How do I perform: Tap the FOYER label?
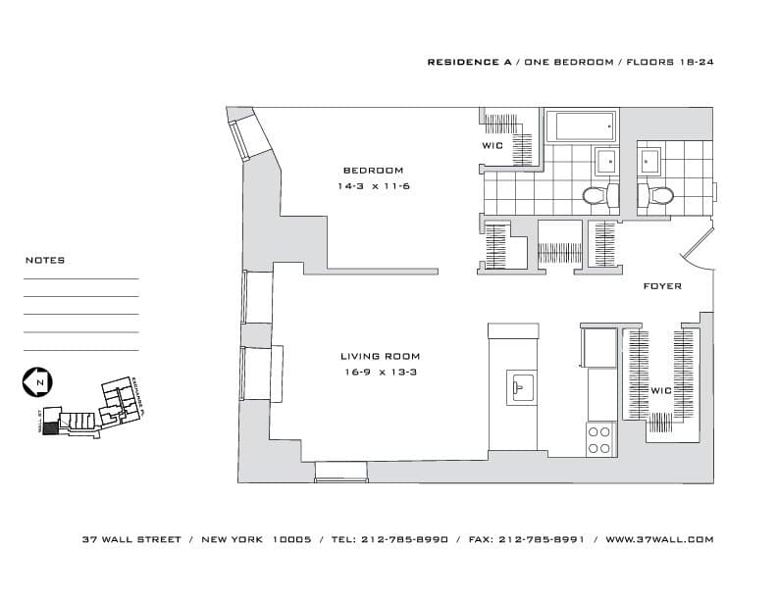[x=661, y=286]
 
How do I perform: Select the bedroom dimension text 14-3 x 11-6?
[x=373, y=185]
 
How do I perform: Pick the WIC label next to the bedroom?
[x=492, y=146]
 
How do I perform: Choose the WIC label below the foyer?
[x=660, y=391]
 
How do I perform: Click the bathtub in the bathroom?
[x=581, y=126]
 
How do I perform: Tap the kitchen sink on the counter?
[x=520, y=385]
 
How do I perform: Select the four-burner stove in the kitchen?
[x=599, y=439]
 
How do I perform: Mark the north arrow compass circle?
[x=38, y=381]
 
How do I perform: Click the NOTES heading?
[x=45, y=261]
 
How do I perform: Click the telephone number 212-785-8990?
[x=404, y=539]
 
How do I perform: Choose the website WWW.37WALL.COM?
[x=659, y=539]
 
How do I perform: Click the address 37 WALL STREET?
[x=132, y=539]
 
